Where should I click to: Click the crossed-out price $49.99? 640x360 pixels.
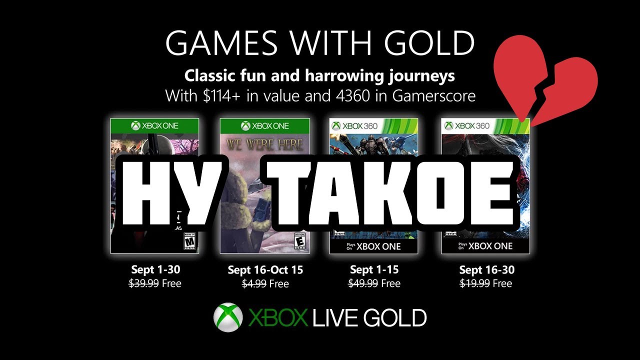click(363, 283)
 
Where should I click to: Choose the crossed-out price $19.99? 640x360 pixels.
click(475, 283)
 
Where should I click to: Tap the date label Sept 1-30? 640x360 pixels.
click(154, 270)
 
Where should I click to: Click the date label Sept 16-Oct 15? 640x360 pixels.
click(265, 270)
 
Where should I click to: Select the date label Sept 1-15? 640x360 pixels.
click(375, 270)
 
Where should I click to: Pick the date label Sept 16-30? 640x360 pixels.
click(486, 270)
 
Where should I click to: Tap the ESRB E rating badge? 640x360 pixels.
click(300, 241)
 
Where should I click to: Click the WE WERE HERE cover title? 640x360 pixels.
click(264, 145)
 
